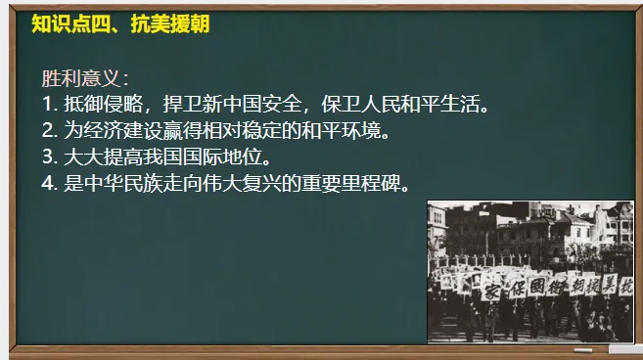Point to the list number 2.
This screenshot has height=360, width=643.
point(48,130)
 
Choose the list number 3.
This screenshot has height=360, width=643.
point(48,157)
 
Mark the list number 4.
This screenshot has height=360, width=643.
point(48,183)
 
